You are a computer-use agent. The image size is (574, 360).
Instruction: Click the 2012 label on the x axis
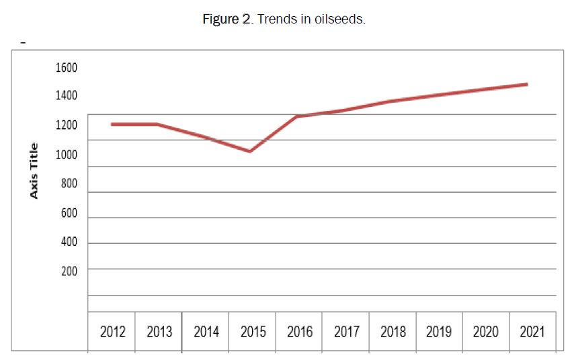tap(112, 332)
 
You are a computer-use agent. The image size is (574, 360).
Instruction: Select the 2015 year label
tap(252, 332)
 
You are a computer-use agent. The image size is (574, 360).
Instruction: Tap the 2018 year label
tap(393, 332)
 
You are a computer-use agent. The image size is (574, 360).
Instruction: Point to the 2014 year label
tap(206, 332)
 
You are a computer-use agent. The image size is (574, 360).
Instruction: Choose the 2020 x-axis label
tap(486, 332)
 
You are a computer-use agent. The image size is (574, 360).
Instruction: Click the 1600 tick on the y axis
tap(67, 68)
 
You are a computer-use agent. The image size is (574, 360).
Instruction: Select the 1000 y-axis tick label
tap(67, 155)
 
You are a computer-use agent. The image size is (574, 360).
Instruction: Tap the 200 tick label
tap(69, 271)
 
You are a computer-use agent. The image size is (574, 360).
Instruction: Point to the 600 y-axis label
tap(69, 214)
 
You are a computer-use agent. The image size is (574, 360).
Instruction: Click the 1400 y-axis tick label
tap(67, 96)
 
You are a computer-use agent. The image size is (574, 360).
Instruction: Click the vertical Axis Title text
tap(34, 171)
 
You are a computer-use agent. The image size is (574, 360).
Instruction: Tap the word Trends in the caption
tap(277, 19)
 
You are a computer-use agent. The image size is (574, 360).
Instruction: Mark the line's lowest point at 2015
tap(249, 152)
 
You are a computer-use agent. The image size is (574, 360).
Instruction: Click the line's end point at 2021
tap(527, 85)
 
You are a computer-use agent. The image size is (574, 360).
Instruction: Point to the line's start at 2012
tap(112, 124)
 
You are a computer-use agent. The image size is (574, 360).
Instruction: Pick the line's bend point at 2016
tap(296, 117)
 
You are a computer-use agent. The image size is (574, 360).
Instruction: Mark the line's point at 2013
tap(157, 124)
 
